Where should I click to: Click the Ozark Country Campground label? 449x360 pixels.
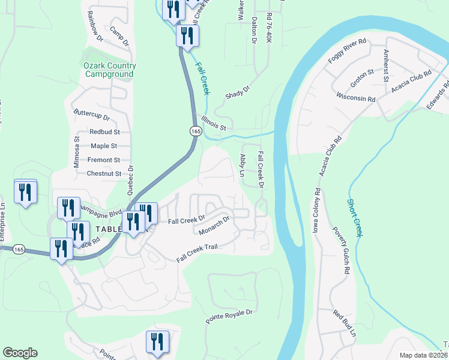pos(110,70)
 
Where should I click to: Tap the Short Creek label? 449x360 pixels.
pos(355,218)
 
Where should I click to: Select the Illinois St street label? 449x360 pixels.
pos(214,123)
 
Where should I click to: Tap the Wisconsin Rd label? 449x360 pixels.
pos(356,97)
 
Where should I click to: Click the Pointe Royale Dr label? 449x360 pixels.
pos(231,317)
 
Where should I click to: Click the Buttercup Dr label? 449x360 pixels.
pos(91,115)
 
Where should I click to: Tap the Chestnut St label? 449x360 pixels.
pos(104,174)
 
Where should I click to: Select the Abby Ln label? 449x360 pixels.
pos(244,164)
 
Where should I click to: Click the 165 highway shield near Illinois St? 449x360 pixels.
pos(195,130)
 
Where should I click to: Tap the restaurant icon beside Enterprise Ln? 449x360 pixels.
pos(25,192)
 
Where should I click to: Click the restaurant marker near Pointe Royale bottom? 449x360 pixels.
pos(158,343)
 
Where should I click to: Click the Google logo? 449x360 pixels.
pos(20,353)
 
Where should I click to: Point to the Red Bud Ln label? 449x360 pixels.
pos(345,325)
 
